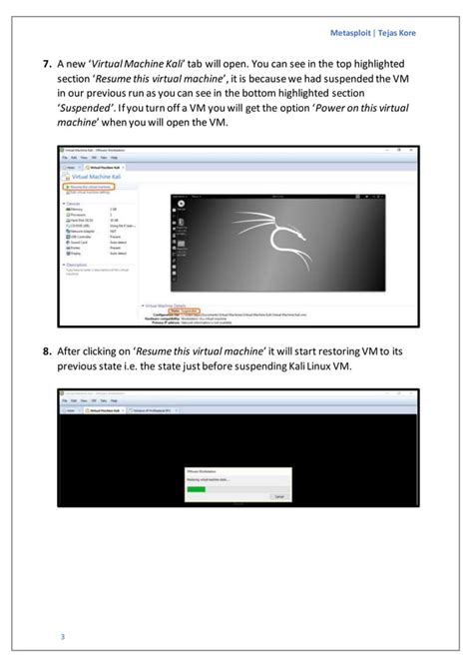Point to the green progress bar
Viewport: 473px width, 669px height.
click(196, 488)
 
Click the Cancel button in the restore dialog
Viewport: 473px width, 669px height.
click(278, 495)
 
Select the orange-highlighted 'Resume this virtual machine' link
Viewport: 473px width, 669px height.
click(91, 186)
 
